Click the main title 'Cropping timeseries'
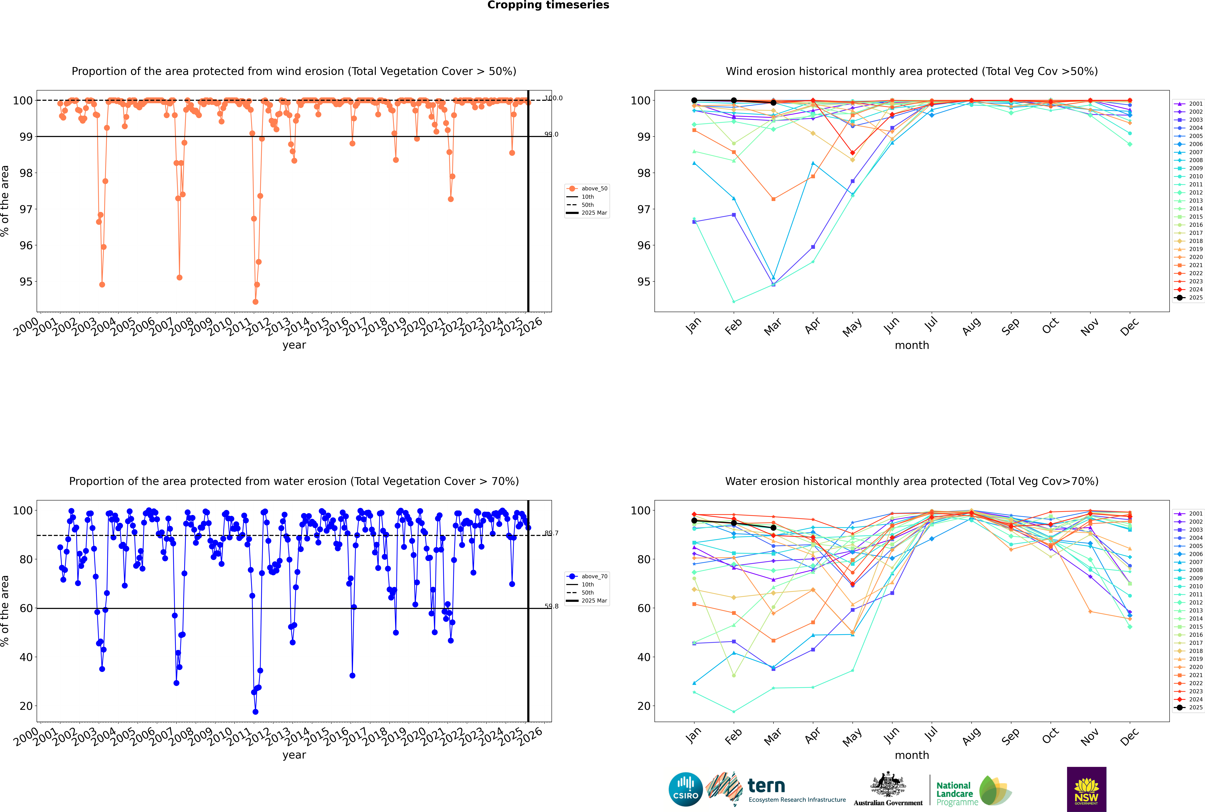pos(548,5)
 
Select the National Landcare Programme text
pos(955,793)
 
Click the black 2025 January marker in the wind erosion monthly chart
pos(694,101)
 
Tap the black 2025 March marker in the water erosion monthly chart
pos(773,528)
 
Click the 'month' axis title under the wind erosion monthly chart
pos(912,345)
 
